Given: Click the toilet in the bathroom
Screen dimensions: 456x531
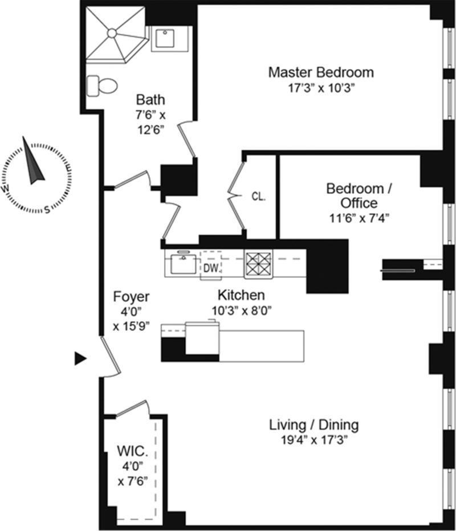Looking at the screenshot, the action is point(102,85).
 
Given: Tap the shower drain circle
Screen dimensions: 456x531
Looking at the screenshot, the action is point(112,33).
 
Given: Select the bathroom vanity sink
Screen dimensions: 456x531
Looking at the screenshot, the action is point(165,38).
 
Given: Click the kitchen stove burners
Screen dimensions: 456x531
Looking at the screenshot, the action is point(258,264).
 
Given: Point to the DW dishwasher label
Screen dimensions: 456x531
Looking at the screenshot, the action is point(211,268).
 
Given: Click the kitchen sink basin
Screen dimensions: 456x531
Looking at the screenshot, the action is point(184,264).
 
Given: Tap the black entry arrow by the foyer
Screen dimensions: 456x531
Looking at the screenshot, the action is point(80,358).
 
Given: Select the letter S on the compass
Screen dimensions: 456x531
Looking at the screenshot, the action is point(47,210).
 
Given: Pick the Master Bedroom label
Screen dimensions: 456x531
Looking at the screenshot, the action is point(321,72).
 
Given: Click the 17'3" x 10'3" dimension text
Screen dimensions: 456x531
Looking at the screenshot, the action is point(321,88).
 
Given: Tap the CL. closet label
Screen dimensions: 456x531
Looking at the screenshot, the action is point(258,197).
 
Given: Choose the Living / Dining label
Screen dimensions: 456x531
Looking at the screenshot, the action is point(314,424).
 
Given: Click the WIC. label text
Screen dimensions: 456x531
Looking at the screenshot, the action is point(132,451).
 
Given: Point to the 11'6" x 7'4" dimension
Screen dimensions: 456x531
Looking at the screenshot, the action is point(359,218).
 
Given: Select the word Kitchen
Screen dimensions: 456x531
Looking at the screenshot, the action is point(241,295).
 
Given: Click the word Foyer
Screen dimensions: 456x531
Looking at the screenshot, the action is point(131,297).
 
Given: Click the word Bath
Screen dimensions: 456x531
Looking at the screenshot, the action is point(150,100).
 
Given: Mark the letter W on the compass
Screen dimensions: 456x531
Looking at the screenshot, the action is point(6,189).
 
